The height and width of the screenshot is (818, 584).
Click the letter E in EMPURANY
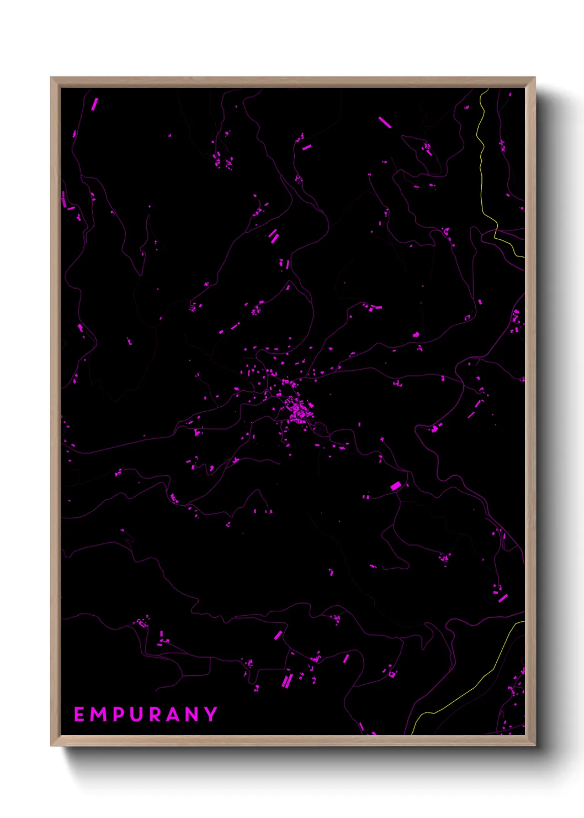pos(79,714)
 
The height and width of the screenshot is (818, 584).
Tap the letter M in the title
pos(100,714)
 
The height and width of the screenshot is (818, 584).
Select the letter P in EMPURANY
pos(121,714)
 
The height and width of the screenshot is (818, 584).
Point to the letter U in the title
pos(138,714)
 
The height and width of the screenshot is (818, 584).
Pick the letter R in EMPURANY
pos(157,714)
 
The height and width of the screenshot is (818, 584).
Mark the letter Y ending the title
pos(211,714)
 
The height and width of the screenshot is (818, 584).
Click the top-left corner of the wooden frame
pos(51,78)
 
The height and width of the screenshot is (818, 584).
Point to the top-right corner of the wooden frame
pos(534,78)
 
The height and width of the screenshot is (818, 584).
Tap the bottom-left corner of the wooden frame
pos(51,745)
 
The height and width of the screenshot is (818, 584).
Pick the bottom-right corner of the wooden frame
pos(534,745)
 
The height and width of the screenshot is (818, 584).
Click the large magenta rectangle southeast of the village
pos(396,486)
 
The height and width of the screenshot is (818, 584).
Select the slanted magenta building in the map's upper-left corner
pos(94,104)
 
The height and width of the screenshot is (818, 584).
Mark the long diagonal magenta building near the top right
pos(385,122)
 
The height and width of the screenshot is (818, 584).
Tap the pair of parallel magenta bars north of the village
pos(274,236)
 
